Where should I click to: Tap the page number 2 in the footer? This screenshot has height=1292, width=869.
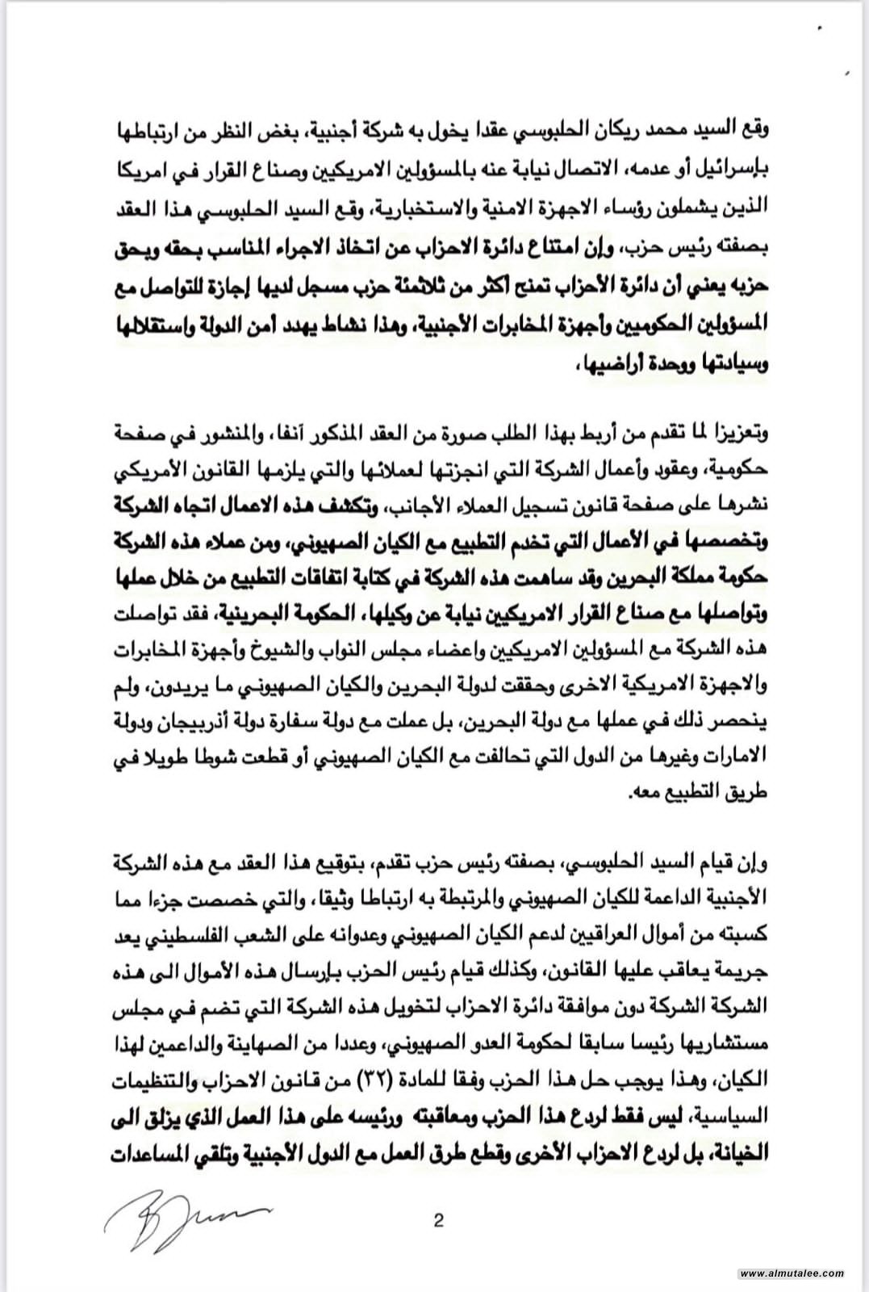pos(438,1220)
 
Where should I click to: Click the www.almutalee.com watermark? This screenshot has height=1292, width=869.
pos(792,1273)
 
